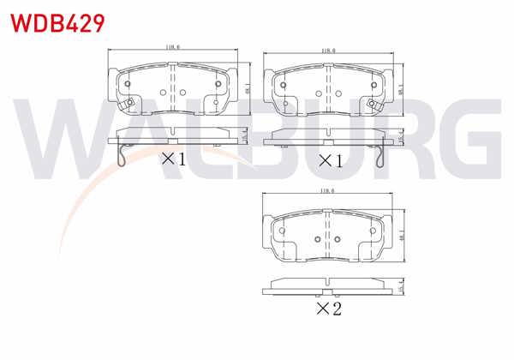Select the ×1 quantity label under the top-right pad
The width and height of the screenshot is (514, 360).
(x=330, y=159)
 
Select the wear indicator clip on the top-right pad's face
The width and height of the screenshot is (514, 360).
(x=374, y=105)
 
